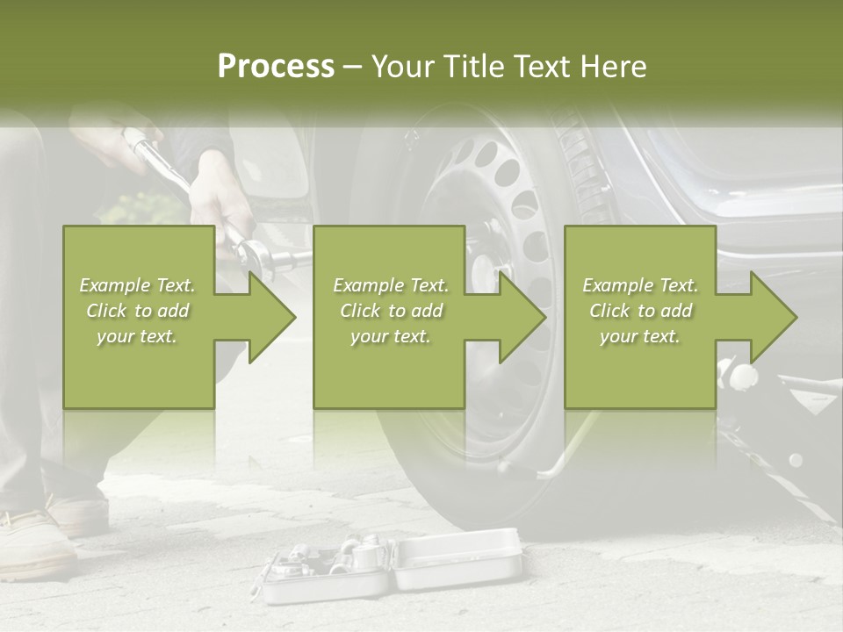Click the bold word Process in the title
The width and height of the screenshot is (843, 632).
pos(276,67)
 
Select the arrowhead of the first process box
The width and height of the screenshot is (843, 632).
pos(271,317)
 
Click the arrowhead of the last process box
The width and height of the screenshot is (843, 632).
pos(773,317)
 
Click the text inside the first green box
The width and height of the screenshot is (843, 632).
pos(138,311)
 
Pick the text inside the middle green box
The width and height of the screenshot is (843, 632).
pos(391,311)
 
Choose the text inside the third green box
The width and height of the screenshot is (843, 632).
pos(640,311)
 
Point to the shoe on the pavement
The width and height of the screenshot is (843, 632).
pos(35,540)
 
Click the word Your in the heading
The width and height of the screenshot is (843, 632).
pos(401,67)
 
